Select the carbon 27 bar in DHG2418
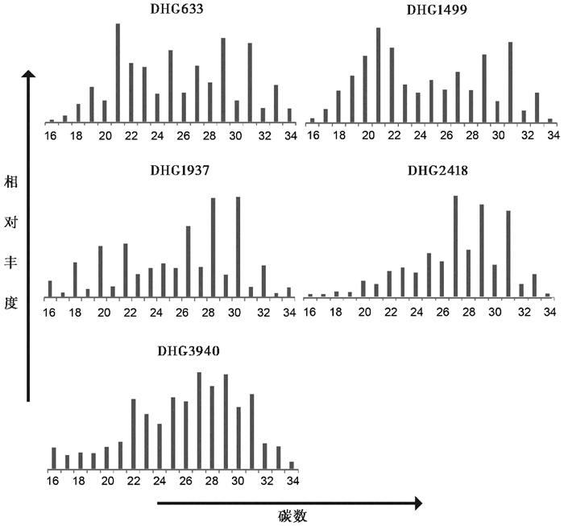click(456, 246)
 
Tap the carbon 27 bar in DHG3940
click(199, 420)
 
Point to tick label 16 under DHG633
click(51, 136)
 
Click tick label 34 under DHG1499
click(552, 136)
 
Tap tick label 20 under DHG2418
click(364, 313)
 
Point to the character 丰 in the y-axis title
click(10, 270)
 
